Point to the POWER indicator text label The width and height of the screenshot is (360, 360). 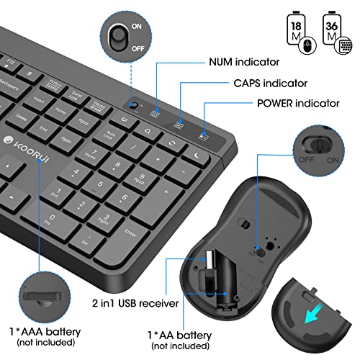click(297, 103)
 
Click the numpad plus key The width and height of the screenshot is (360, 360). click(167, 192)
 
